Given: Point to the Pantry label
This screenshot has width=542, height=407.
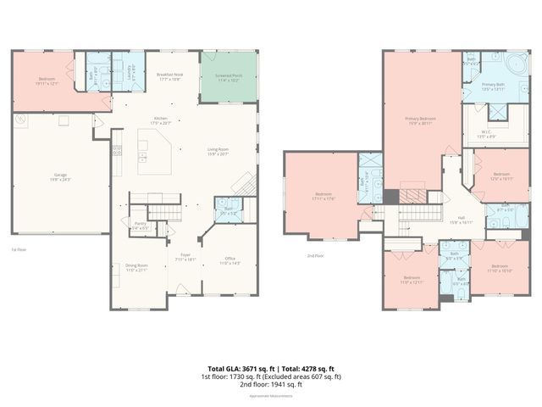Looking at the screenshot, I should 140,225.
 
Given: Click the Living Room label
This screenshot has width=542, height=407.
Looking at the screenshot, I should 219,151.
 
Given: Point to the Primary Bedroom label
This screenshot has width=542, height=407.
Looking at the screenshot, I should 420,120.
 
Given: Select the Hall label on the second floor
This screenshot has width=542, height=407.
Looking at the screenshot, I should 462,218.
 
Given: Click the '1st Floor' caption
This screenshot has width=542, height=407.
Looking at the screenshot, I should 18,249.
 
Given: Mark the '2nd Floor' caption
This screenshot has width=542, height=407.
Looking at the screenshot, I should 316,255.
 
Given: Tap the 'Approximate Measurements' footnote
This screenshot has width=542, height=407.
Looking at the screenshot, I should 270,396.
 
